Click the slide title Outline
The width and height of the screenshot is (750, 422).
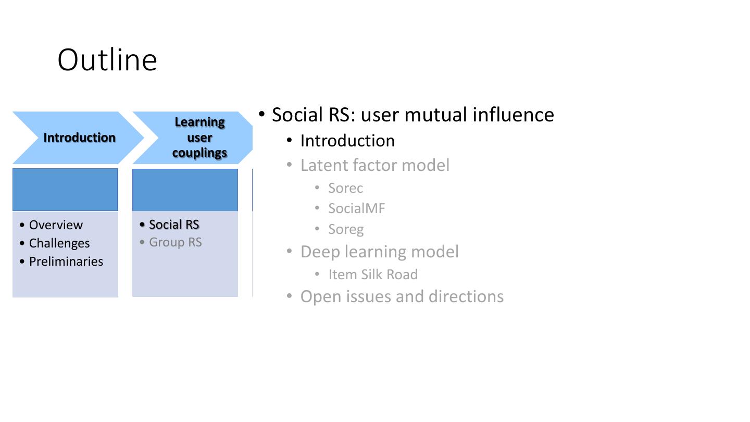tap(107, 60)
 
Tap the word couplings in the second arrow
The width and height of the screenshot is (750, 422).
tap(199, 153)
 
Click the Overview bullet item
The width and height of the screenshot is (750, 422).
tap(56, 225)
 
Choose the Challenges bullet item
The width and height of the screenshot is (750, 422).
tap(59, 243)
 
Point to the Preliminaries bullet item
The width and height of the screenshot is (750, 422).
tap(66, 262)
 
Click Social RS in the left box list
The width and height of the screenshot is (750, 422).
tap(174, 225)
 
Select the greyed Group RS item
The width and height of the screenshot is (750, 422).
tap(175, 242)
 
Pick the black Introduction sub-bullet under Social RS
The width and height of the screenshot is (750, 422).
tap(347, 141)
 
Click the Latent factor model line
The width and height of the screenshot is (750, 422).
tap(375, 165)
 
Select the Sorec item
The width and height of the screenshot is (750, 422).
tap(345, 188)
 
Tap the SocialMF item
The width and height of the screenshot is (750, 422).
tap(357, 208)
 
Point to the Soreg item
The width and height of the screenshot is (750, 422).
tap(346, 229)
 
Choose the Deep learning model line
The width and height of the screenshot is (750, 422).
tap(380, 252)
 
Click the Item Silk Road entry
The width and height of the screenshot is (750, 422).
tap(373, 275)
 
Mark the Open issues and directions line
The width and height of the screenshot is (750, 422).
tap(402, 296)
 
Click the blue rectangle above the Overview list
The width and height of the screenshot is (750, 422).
tap(65, 190)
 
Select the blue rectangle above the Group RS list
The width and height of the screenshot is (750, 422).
tap(185, 190)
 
